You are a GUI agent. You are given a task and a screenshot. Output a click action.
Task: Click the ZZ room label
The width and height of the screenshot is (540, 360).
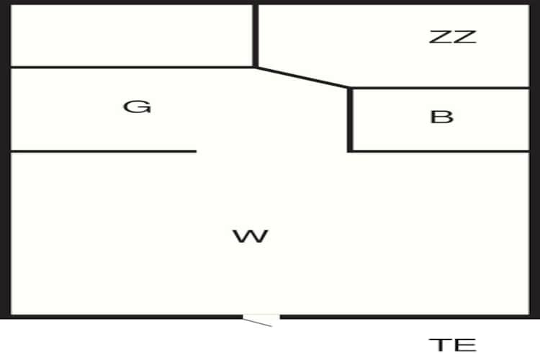pyautogui.click(x=453, y=37)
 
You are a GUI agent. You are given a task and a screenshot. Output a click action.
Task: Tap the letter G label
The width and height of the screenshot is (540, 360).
pyautogui.click(x=137, y=107)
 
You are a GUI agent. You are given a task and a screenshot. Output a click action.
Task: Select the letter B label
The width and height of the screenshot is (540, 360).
pyautogui.click(x=442, y=117)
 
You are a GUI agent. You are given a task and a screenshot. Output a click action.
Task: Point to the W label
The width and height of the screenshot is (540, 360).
pyautogui.click(x=251, y=236)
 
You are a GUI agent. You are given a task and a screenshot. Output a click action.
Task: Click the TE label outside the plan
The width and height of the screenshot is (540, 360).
pyautogui.click(x=453, y=345)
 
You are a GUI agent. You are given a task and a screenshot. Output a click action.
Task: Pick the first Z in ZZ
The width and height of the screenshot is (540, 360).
pyautogui.click(x=440, y=37)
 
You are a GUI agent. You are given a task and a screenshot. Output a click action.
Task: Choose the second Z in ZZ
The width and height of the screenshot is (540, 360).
pyautogui.click(x=465, y=37)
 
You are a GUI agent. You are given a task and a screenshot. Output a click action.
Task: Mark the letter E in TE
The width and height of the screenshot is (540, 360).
pyautogui.click(x=466, y=345)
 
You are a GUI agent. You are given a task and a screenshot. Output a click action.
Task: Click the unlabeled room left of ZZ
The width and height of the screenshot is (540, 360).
pyautogui.click(x=132, y=35)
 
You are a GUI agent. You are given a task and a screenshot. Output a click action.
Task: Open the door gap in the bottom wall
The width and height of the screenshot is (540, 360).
pyautogui.click(x=261, y=317)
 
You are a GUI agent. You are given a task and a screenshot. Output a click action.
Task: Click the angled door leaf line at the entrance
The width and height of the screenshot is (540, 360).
pyautogui.click(x=257, y=323)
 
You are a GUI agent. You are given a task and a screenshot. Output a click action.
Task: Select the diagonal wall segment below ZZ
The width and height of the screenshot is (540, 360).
pyautogui.click(x=302, y=78)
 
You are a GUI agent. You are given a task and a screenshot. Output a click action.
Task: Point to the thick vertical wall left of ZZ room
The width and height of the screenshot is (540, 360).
pyautogui.click(x=256, y=35)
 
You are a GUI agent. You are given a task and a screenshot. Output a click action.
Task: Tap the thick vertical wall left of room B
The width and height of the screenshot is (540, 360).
pyautogui.click(x=350, y=120)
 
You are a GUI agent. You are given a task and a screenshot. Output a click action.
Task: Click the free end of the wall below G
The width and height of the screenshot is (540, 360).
pyautogui.click(x=196, y=151)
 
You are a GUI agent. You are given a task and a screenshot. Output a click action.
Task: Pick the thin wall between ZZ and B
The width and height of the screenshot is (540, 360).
pyautogui.click(x=441, y=88)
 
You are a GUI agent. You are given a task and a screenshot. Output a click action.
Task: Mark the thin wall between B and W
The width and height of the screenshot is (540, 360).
pyautogui.click(x=441, y=151)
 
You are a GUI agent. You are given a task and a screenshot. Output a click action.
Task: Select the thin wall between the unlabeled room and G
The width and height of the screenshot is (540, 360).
pyautogui.click(x=132, y=67)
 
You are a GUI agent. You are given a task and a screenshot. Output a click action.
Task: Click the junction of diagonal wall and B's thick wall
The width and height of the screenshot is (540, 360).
pyautogui.click(x=349, y=89)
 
